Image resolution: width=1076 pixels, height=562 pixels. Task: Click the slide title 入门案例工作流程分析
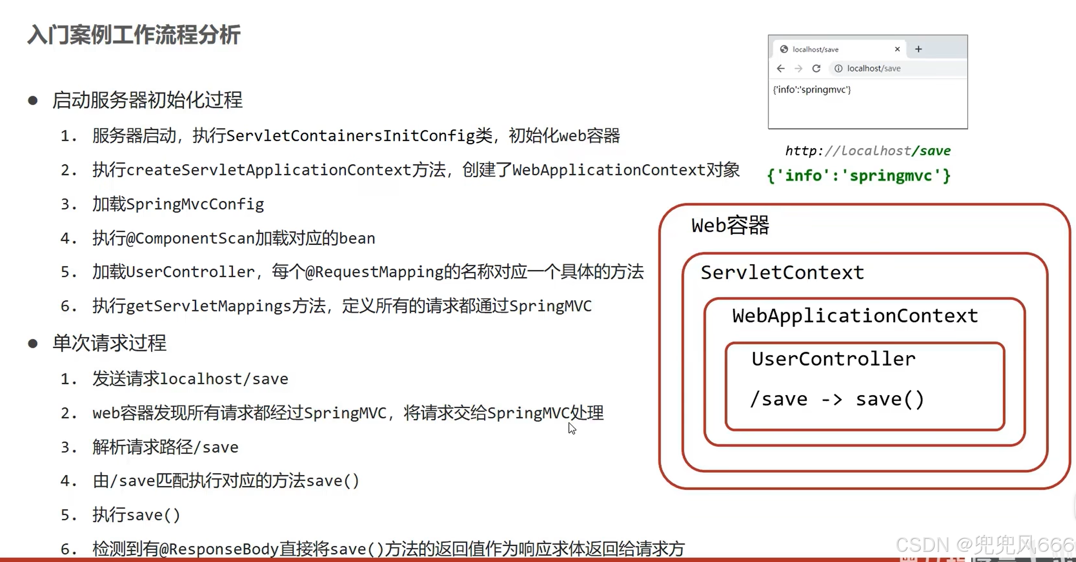[134, 35]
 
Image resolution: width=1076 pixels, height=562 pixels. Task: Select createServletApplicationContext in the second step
[269, 170]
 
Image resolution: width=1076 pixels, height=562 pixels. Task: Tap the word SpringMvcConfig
[195, 204]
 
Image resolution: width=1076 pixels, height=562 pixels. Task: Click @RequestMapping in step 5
[374, 272]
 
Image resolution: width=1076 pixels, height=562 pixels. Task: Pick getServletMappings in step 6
[209, 306]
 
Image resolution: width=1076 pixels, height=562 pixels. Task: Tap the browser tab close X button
[897, 49]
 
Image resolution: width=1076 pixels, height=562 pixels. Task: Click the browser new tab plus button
[918, 49]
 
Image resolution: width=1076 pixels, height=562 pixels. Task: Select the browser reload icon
[816, 69]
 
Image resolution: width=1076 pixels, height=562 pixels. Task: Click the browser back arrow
[781, 69]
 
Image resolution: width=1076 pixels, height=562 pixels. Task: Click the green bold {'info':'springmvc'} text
[859, 176]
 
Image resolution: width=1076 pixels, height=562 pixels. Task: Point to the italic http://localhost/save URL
[867, 151]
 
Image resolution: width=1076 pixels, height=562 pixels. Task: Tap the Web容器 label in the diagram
[730, 225]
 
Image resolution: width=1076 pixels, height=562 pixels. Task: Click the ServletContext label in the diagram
[782, 273]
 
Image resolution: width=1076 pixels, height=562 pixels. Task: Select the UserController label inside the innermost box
[833, 359]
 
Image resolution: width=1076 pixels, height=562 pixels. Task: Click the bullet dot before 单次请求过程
[33, 343]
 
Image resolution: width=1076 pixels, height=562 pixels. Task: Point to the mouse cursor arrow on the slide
[572, 428]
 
